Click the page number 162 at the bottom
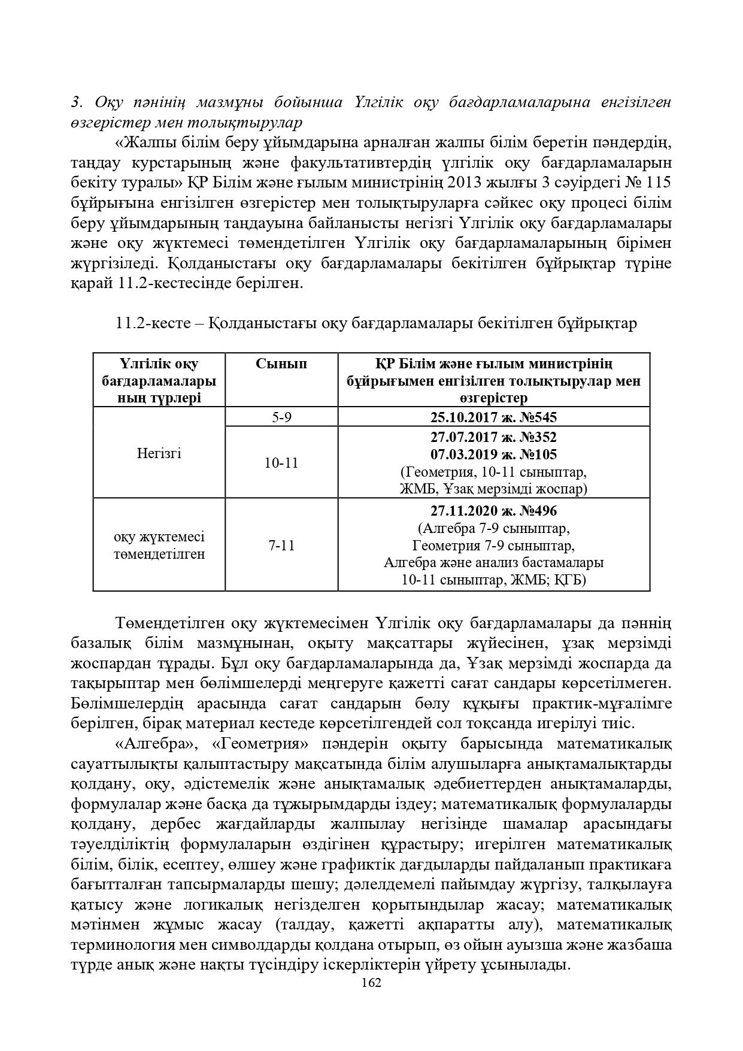tap(372, 983)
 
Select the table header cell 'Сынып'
tap(281, 364)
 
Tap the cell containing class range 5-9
tap(281, 417)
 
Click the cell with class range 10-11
tap(281, 462)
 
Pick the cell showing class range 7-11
tap(281, 545)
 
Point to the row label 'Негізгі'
tap(159, 453)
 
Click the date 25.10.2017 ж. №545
tap(493, 417)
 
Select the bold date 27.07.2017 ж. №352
tap(493, 437)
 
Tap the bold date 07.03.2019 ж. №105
tap(493, 455)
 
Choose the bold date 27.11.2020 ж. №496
tap(493, 511)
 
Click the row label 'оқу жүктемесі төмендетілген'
tap(159, 545)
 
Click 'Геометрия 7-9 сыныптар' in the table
tap(493, 546)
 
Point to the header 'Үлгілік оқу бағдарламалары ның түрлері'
tap(159, 380)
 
